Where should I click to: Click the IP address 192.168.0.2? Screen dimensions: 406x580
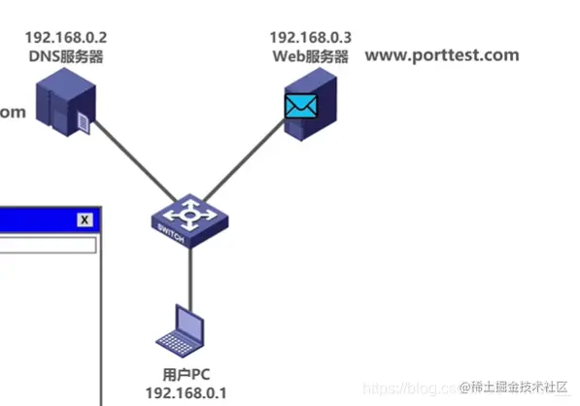click(66, 38)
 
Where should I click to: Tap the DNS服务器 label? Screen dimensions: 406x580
click(66, 56)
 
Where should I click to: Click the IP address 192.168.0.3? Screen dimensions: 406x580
click(310, 38)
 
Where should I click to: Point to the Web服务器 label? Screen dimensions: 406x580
click(310, 56)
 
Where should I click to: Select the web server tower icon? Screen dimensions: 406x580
click(313, 109)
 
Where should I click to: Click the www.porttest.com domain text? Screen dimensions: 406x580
click(442, 55)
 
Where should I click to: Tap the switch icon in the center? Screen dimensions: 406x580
click(190, 218)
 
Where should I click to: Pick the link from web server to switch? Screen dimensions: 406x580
click(243, 170)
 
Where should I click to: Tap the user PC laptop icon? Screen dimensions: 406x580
click(183, 330)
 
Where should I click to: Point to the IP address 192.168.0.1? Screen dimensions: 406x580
click(185, 392)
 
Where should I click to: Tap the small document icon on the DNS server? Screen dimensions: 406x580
click(85, 121)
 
